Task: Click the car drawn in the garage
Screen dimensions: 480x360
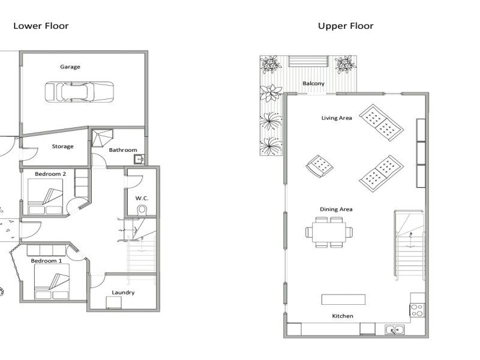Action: [79, 92]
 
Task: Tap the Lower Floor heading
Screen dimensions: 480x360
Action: [41, 26]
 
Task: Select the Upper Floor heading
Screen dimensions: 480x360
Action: [346, 26]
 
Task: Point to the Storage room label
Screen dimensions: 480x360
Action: [62, 146]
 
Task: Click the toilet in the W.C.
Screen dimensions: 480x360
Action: [142, 211]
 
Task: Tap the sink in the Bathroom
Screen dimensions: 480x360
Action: [139, 159]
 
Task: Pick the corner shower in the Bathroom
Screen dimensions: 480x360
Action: [102, 138]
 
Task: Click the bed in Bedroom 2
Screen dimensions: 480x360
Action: [46, 196]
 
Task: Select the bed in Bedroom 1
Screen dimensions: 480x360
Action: [52, 281]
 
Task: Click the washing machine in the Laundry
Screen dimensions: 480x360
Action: [114, 303]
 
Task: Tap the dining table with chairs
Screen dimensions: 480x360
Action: [329, 232]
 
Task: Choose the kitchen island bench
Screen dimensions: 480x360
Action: [343, 299]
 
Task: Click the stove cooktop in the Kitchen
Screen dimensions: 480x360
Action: [417, 310]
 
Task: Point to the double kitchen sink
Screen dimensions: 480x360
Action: [394, 329]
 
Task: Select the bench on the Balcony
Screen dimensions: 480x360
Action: [308, 61]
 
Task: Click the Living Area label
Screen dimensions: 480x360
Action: [337, 118]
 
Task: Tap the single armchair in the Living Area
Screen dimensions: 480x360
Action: [320, 166]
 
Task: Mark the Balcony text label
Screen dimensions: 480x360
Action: [313, 83]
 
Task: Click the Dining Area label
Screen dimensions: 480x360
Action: [336, 209]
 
